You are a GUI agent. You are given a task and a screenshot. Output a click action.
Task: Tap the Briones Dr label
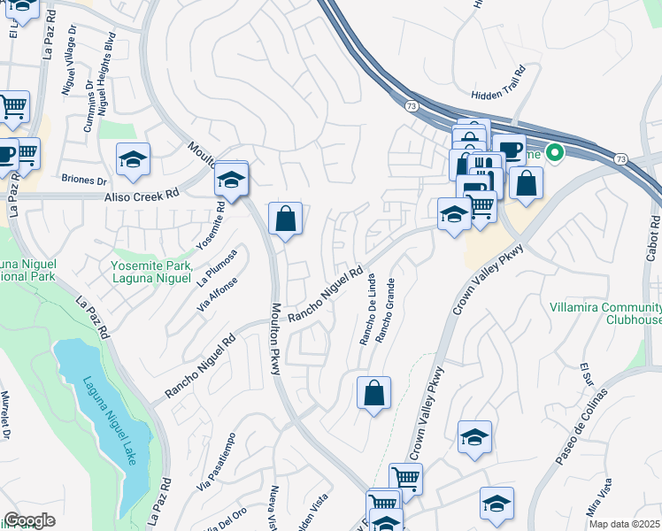pos(84,179)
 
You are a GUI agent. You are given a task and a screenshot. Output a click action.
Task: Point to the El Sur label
pos(585,375)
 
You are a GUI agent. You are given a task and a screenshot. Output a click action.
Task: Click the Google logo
pos(29,520)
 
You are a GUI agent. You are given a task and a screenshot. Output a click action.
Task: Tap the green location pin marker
pos(556,153)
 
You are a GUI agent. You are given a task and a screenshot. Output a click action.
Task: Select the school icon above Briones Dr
pos(133,159)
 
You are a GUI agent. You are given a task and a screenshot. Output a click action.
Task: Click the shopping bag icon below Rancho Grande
pos(373,392)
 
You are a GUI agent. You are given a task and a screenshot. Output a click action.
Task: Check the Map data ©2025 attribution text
pos(626,524)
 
